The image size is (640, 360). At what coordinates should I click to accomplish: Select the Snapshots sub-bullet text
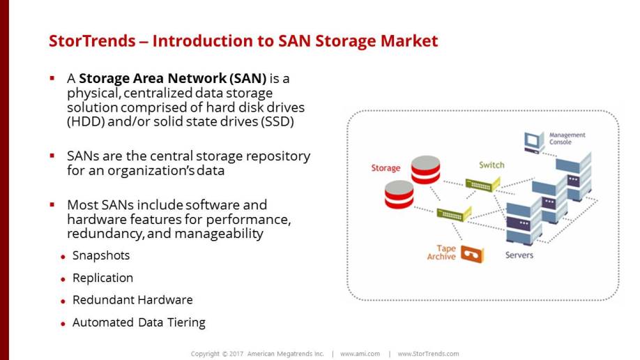101,255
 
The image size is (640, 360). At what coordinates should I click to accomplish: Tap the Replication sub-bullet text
102,278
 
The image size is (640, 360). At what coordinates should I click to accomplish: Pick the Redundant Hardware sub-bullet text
132,300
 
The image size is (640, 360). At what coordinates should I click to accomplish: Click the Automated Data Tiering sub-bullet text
139,322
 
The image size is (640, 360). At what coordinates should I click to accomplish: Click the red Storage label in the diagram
386,168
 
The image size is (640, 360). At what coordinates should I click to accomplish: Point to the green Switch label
491,165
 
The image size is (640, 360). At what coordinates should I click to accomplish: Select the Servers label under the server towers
519,255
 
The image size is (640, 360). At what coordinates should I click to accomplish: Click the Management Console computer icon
533,142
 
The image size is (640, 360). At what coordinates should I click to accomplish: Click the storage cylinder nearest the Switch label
425,171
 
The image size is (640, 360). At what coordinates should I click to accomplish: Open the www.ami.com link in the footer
360,354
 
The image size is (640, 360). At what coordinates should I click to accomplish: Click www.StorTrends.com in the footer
428,354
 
